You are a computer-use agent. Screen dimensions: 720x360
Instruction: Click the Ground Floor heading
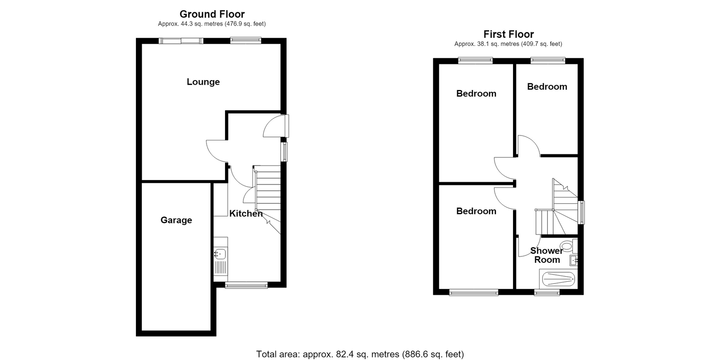pyautogui.click(x=212, y=14)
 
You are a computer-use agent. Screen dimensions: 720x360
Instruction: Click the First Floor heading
pyautogui.click(x=508, y=34)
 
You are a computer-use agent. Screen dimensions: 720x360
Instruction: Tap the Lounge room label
pyautogui.click(x=203, y=82)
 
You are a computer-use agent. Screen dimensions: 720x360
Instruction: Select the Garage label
pyautogui.click(x=176, y=220)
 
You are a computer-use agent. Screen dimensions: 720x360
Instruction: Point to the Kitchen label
pyautogui.click(x=246, y=213)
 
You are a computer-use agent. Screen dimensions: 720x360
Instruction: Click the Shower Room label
pyautogui.click(x=547, y=255)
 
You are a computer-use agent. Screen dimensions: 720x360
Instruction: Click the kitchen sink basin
pyautogui.click(x=220, y=254)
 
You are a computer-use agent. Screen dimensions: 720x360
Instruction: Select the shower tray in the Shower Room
pyautogui.click(x=558, y=279)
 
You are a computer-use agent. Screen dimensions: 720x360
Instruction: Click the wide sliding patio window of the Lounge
pyautogui.click(x=181, y=41)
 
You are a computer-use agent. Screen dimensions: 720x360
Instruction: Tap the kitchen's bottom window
pyautogui.click(x=246, y=285)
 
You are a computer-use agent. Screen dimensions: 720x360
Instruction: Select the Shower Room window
pyautogui.click(x=547, y=292)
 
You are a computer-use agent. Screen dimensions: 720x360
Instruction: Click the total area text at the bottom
pyautogui.click(x=360, y=354)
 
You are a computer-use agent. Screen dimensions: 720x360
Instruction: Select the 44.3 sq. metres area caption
pyautogui.click(x=212, y=24)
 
